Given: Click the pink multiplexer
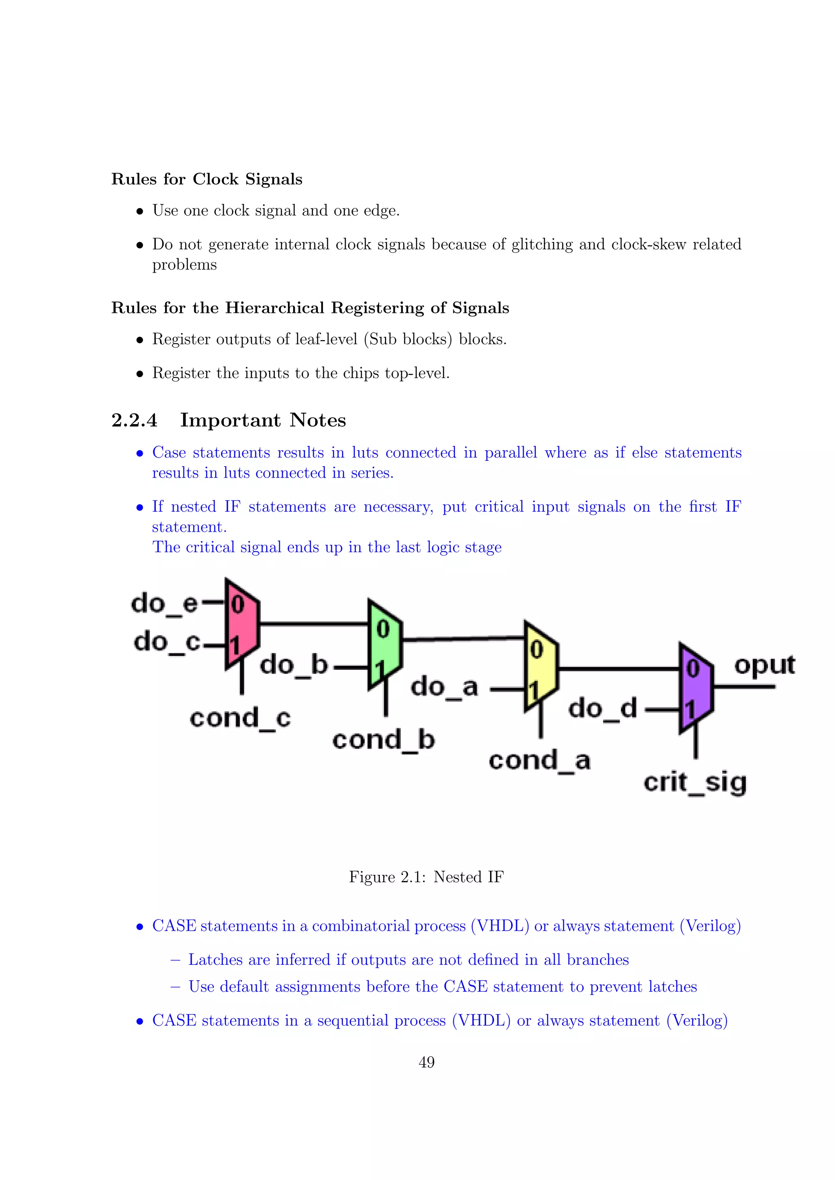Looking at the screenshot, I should click(242, 625).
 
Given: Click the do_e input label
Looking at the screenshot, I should click(165, 603).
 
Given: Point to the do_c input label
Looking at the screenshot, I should click(167, 642).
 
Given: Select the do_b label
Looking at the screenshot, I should click(294, 665).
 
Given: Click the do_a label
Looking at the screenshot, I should click(444, 687).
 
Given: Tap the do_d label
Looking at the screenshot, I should click(603, 709).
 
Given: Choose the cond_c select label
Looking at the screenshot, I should click(240, 718).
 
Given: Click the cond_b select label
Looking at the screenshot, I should click(384, 740).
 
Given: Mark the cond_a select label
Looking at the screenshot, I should click(539, 761).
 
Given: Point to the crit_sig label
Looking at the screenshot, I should click(695, 783).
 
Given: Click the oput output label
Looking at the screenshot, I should click(764, 665).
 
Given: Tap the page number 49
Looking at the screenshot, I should click(426, 1062).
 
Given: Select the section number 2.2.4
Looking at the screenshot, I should click(134, 420).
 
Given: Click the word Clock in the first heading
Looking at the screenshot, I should click(215, 179).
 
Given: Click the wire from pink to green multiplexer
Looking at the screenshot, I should click(314, 624).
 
